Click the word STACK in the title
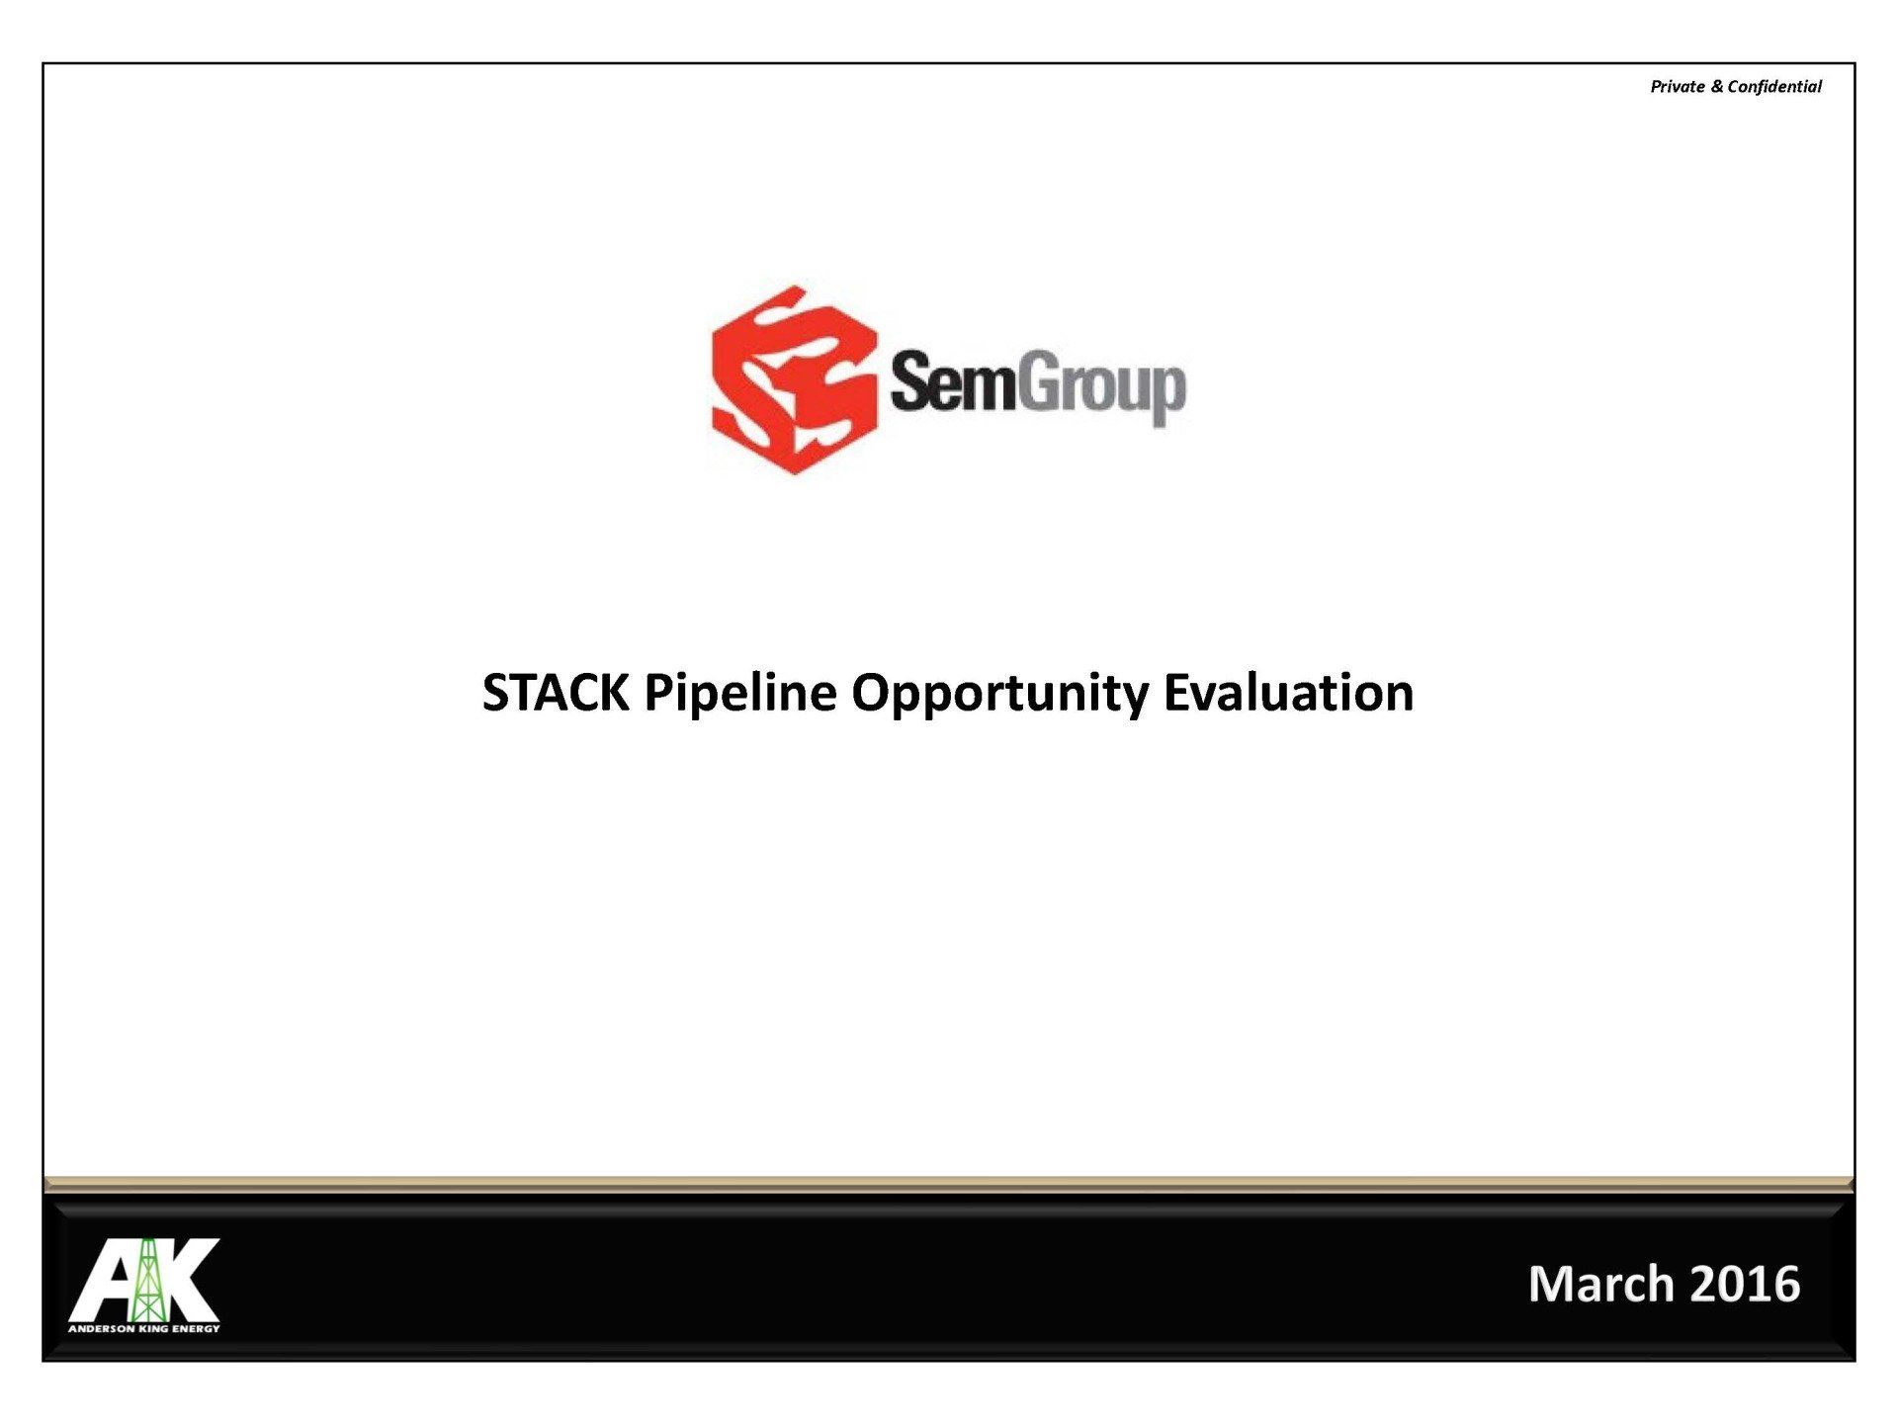pos(556,692)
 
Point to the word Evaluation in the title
pos(1289,692)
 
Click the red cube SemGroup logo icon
pos(794,380)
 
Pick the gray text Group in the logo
pos(1101,388)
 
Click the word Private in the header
pos(1678,86)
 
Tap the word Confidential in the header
pos(1774,86)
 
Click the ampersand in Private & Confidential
pos(1716,86)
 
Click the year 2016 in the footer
pos(1746,1284)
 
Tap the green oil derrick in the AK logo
pos(147,1281)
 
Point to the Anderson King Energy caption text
pos(144,1329)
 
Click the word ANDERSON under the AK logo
pos(102,1329)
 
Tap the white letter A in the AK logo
pos(104,1281)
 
